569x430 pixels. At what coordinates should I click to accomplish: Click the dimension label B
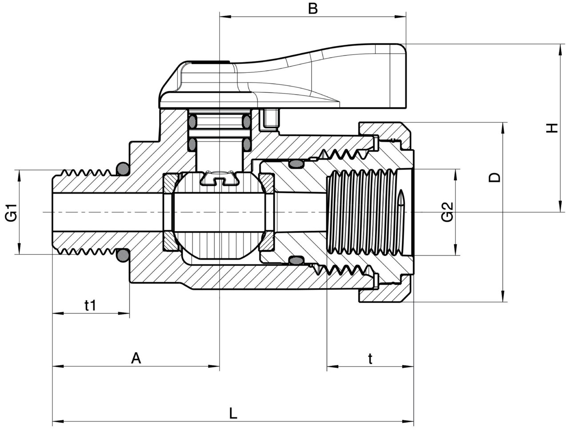click(313, 8)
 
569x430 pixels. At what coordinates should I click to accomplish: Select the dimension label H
click(552, 128)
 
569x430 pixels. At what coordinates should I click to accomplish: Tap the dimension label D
click(494, 178)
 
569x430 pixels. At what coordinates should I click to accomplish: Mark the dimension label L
click(233, 414)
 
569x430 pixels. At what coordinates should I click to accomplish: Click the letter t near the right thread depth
click(370, 359)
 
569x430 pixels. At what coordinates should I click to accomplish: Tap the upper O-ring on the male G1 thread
click(122, 168)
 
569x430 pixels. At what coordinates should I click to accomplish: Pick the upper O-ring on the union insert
click(295, 163)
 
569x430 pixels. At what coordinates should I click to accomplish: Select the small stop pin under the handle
click(270, 118)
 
